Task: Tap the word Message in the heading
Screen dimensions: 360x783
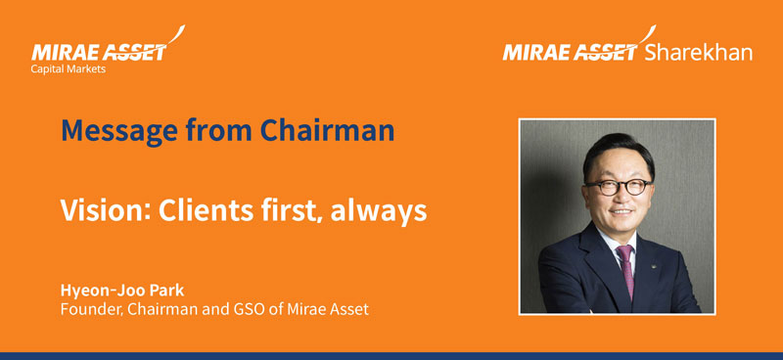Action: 111,129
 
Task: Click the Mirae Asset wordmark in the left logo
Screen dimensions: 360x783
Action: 98,52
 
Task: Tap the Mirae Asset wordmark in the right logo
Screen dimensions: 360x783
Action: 571,52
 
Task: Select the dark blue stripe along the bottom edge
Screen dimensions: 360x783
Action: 391,355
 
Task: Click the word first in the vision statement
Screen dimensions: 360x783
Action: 281,209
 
